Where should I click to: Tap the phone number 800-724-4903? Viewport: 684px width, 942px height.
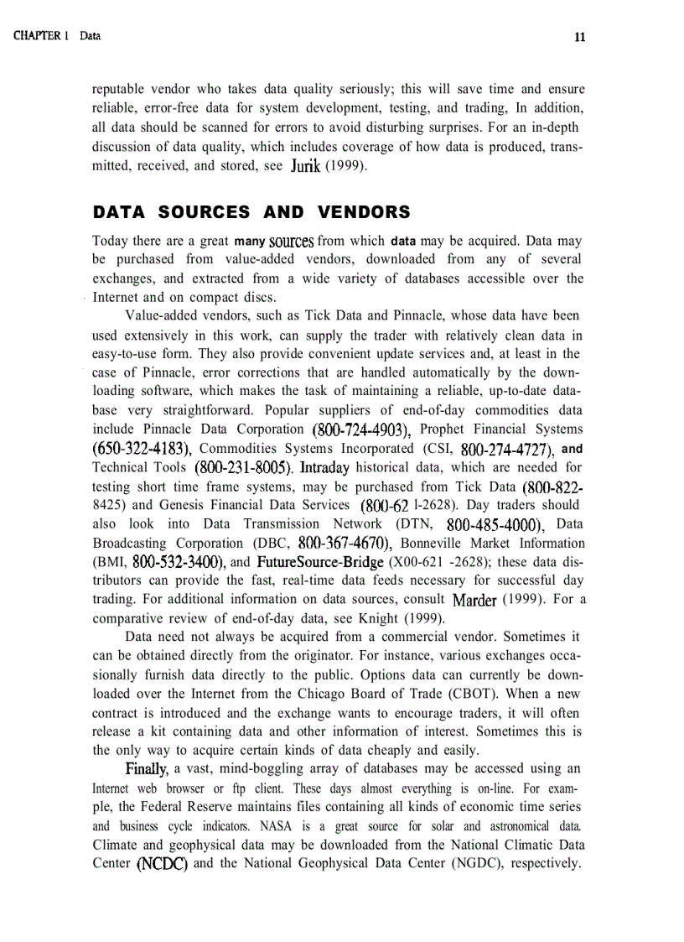[360, 430]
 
